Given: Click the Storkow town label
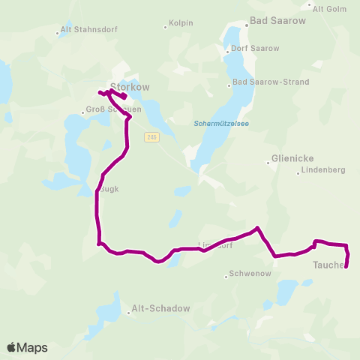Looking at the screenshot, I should (x=130, y=87).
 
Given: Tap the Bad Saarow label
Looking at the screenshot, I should (x=279, y=21).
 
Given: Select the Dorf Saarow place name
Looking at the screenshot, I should (x=255, y=49).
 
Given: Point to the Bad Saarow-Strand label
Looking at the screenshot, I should (x=265, y=81).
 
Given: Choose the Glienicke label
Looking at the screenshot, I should (x=295, y=159).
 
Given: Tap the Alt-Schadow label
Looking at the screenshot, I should (x=160, y=308).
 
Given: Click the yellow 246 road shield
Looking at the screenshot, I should (x=152, y=136).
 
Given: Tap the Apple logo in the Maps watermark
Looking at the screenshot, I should (x=12, y=347).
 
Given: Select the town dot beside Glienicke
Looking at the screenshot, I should (x=268, y=162).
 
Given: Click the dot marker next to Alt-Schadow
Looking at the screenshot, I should (x=128, y=313).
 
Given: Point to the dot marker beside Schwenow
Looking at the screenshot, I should (x=226, y=276).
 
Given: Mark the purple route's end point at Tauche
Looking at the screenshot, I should (x=346, y=266).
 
